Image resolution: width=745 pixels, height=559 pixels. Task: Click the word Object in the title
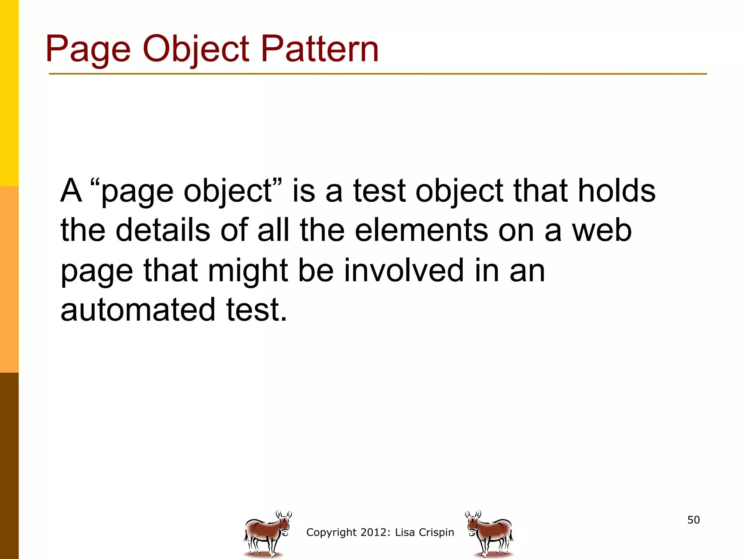point(196,49)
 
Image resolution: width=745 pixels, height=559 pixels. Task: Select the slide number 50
point(693,520)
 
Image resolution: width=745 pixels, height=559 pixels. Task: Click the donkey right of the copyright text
point(490,534)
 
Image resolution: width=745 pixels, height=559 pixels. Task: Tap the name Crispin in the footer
point(437,532)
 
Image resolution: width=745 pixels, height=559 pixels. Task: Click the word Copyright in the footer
point(331,532)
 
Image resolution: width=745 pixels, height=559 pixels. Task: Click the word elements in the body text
point(421,230)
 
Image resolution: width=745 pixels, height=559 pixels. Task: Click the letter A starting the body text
point(71,191)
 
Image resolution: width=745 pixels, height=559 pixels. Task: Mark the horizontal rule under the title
point(378,74)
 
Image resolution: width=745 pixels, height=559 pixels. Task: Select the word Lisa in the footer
point(405,532)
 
